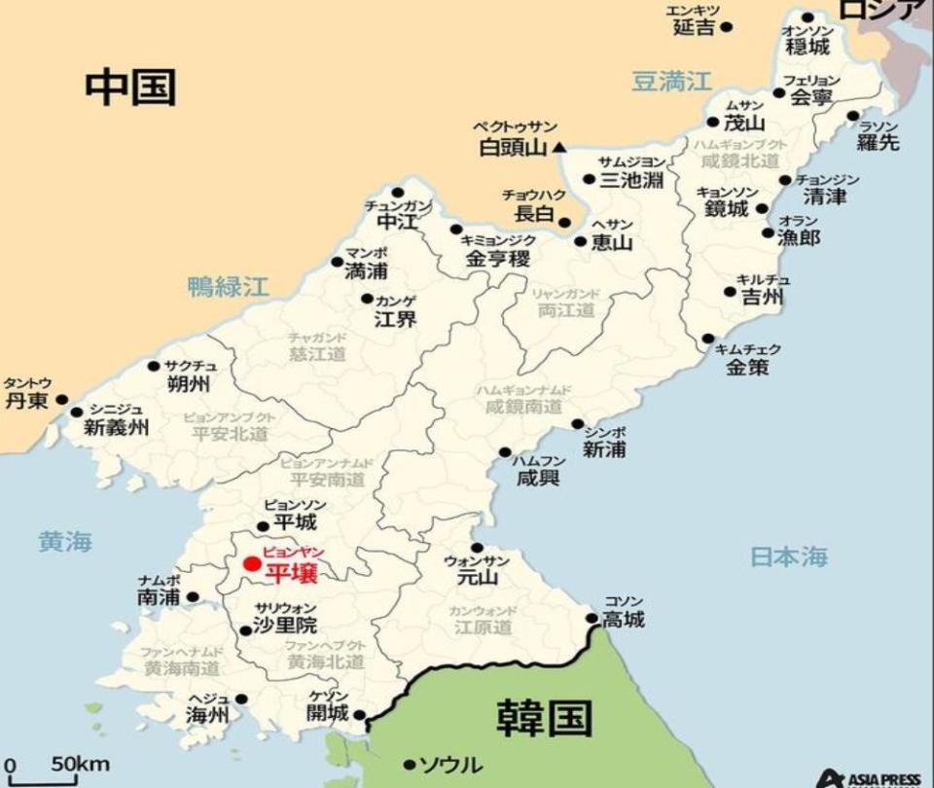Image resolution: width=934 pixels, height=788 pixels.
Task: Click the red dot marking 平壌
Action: click(252, 563)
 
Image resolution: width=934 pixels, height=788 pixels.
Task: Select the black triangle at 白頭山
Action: click(559, 148)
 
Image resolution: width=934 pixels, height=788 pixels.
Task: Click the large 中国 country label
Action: click(130, 87)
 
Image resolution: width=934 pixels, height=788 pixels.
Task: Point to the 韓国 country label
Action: click(544, 718)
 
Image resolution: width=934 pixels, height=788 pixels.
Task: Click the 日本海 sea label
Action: click(789, 556)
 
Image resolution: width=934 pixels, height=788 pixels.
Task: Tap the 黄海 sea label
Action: click(65, 542)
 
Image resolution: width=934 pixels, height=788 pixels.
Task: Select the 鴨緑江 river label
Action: click(228, 286)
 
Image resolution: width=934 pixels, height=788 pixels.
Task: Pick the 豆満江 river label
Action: click(671, 81)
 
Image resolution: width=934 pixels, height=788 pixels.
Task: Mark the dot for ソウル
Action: click(410, 765)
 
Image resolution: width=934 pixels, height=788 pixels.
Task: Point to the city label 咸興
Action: click(539, 477)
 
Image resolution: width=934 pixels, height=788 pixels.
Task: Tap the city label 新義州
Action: click(117, 426)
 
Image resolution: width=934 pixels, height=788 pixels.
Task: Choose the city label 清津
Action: click(824, 197)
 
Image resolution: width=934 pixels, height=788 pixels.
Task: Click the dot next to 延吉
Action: click(726, 27)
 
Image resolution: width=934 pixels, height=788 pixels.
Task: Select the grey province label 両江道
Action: click(565, 310)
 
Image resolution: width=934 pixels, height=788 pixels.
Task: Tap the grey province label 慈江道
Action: click(316, 354)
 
